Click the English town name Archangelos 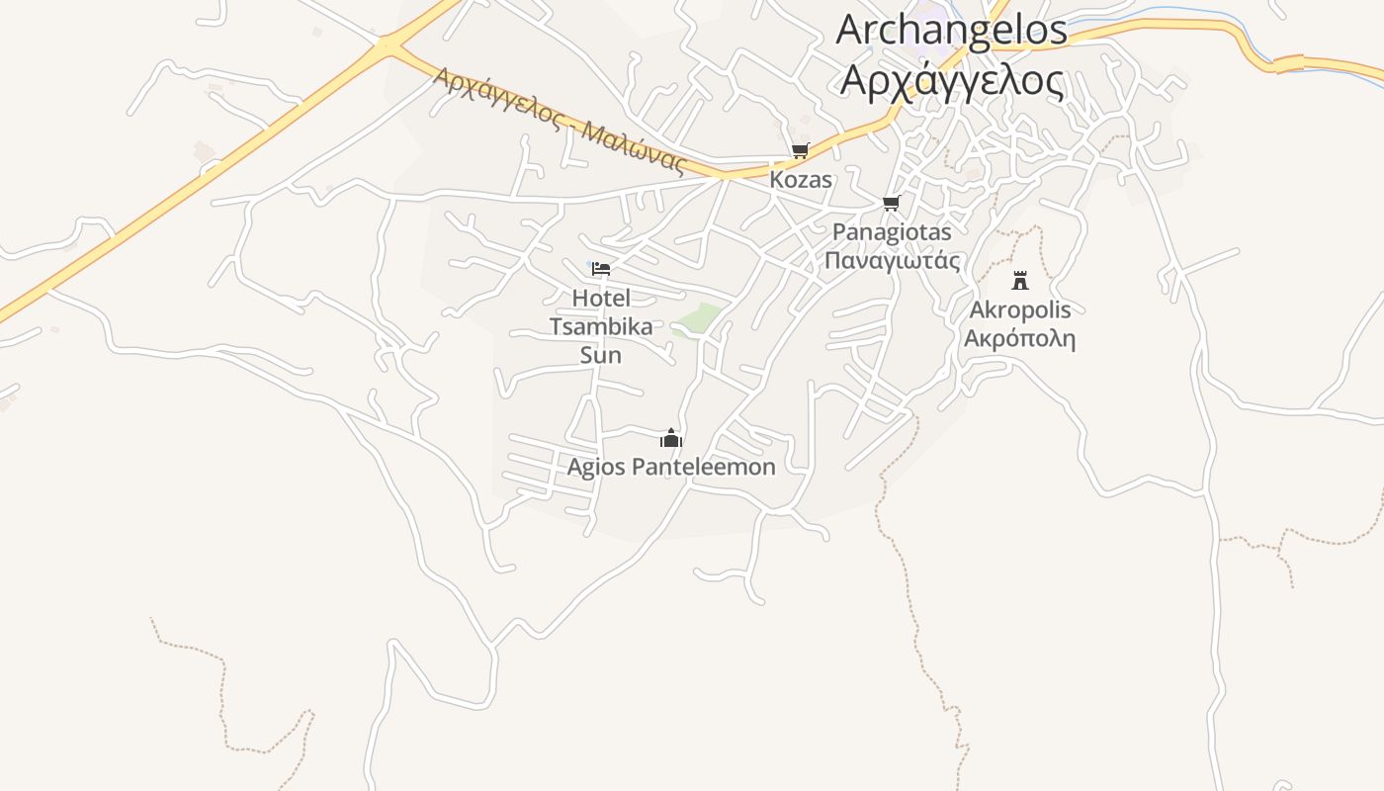point(951,30)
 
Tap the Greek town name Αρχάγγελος point(951,81)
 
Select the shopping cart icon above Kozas point(800,151)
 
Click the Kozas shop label point(801,181)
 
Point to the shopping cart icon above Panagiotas point(891,204)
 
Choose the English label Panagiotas point(892,232)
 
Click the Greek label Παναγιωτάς point(892,261)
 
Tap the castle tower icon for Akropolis point(1020,280)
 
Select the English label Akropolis point(1019,310)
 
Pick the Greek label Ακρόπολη point(1019,339)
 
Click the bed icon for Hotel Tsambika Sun point(600,269)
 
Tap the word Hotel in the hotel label point(601,298)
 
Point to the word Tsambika point(601,327)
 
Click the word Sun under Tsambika point(601,355)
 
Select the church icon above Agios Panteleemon point(671,438)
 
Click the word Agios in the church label point(596,467)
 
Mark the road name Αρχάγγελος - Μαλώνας point(560,119)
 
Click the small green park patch point(700,318)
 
